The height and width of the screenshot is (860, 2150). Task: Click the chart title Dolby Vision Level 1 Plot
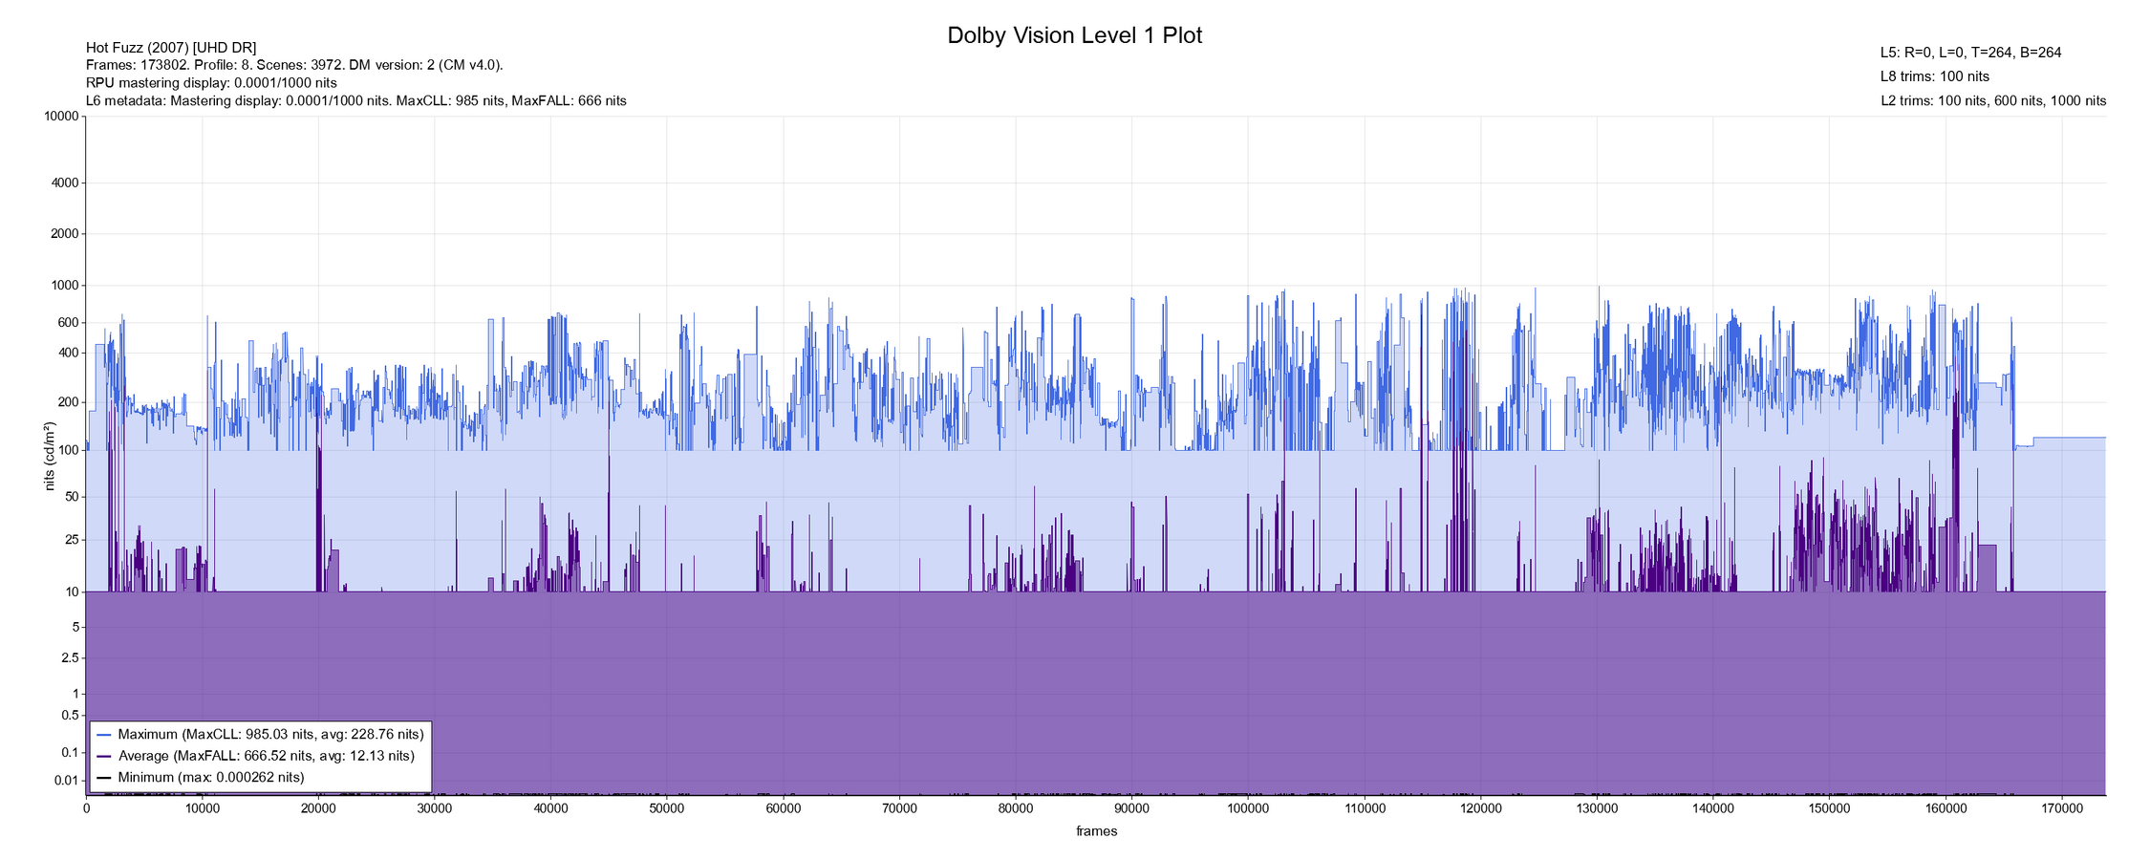(x=1074, y=35)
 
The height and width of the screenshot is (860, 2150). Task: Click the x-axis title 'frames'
(x=1096, y=831)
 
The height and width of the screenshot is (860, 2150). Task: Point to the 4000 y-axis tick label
(x=63, y=183)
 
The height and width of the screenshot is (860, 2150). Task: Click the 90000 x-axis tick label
(x=1131, y=808)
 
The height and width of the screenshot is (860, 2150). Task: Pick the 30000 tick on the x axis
(x=434, y=808)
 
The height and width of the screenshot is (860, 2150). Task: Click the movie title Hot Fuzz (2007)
(x=171, y=48)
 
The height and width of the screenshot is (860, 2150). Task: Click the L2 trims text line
(x=1992, y=100)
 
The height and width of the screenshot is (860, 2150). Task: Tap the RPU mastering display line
(x=211, y=83)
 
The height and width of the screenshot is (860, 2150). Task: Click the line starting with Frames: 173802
(x=294, y=65)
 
